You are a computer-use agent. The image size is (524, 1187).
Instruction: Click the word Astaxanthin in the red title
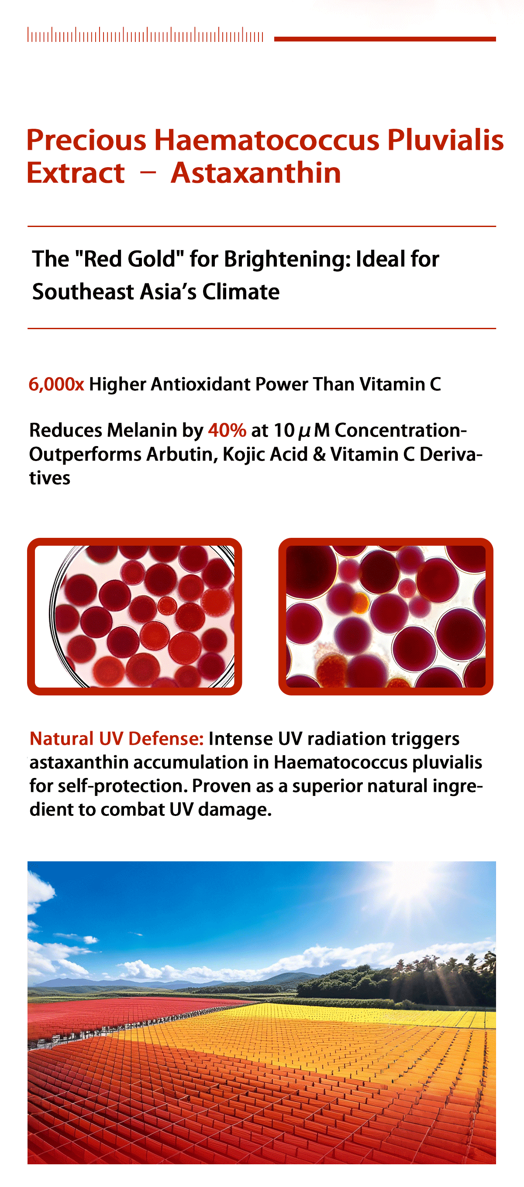click(x=256, y=173)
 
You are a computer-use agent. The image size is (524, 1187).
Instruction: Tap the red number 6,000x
click(x=56, y=384)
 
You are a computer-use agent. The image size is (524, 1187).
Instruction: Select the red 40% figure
click(x=227, y=430)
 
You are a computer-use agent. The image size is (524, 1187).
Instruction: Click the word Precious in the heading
click(x=86, y=140)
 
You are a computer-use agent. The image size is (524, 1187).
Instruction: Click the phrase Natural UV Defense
click(x=117, y=738)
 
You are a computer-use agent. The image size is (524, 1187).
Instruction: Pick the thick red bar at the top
click(x=385, y=39)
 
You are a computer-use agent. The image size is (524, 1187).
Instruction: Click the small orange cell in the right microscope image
click(x=360, y=602)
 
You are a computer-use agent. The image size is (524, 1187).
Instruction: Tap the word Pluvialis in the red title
click(x=445, y=140)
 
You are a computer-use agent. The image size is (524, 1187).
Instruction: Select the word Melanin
click(x=142, y=430)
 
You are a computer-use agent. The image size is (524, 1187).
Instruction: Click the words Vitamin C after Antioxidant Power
click(x=400, y=384)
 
